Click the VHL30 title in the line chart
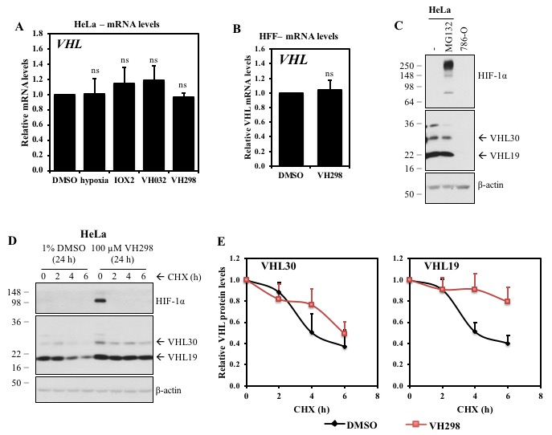tap(274, 266)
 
